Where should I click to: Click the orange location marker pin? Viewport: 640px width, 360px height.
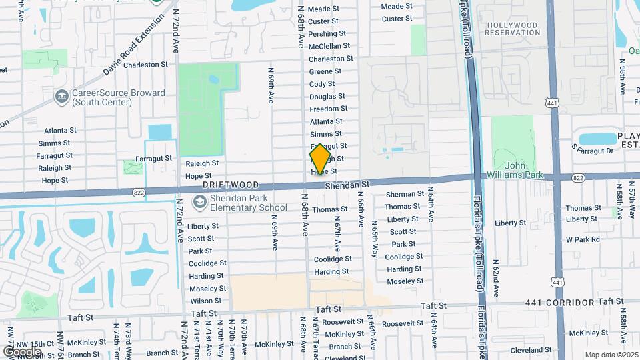tap(320, 160)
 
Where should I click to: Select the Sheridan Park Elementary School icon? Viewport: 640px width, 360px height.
tap(199, 202)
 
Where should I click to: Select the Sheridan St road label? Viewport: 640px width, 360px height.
tap(347, 184)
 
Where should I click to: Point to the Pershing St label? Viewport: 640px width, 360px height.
tap(327, 34)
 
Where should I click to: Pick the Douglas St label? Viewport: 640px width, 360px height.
tap(327, 97)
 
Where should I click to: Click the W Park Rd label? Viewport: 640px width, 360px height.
tap(583, 239)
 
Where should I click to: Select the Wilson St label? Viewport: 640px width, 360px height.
tap(206, 301)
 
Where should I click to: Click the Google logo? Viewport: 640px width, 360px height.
tap(23, 351)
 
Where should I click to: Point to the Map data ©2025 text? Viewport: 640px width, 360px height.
tap(610, 355)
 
